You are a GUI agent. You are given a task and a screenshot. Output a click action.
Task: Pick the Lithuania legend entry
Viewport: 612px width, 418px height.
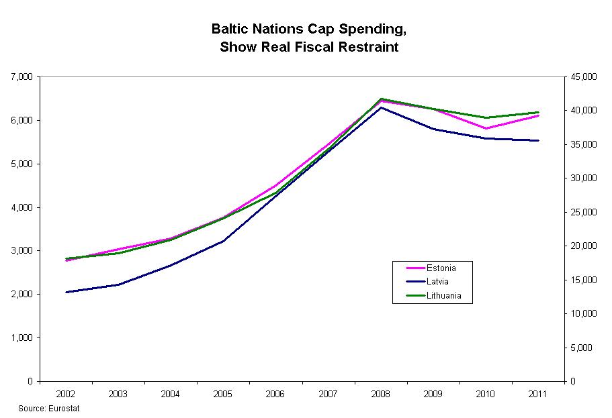click(x=443, y=296)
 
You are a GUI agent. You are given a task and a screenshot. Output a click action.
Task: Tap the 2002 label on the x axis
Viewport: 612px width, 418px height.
click(x=66, y=394)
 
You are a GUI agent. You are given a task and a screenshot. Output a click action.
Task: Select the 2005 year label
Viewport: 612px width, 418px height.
click(x=224, y=394)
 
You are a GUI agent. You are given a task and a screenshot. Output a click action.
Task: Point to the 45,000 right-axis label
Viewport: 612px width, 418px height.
click(x=582, y=77)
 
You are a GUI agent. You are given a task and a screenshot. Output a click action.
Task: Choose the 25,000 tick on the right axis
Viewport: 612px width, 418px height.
click(x=582, y=213)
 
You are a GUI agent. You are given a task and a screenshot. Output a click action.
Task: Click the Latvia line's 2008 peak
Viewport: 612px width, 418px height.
click(x=381, y=107)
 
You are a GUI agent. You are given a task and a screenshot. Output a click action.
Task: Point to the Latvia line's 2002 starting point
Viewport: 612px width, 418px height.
click(x=67, y=292)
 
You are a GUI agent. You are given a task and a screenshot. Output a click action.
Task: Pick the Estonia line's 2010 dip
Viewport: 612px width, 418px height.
click(x=486, y=128)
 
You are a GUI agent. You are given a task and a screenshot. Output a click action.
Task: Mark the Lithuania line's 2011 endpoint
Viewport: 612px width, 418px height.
click(x=538, y=112)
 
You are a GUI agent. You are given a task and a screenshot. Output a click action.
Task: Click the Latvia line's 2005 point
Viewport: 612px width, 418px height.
click(x=224, y=240)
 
